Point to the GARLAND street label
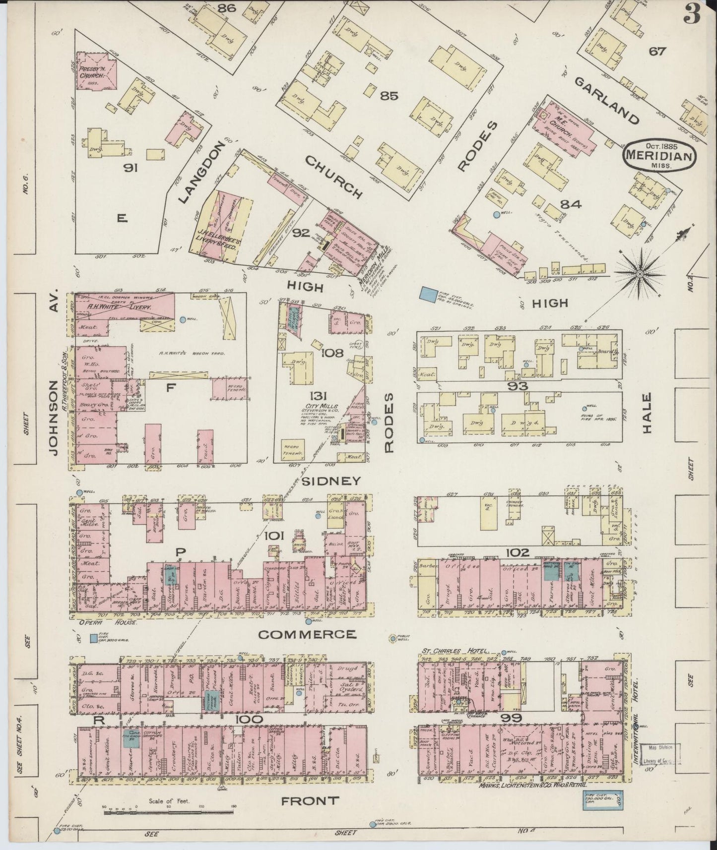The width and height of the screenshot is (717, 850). click(x=606, y=102)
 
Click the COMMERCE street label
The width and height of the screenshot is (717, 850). click(x=308, y=634)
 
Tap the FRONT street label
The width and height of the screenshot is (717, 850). click(x=310, y=800)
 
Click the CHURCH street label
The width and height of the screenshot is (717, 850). click(x=334, y=178)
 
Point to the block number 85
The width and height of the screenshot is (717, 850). click(x=389, y=96)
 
